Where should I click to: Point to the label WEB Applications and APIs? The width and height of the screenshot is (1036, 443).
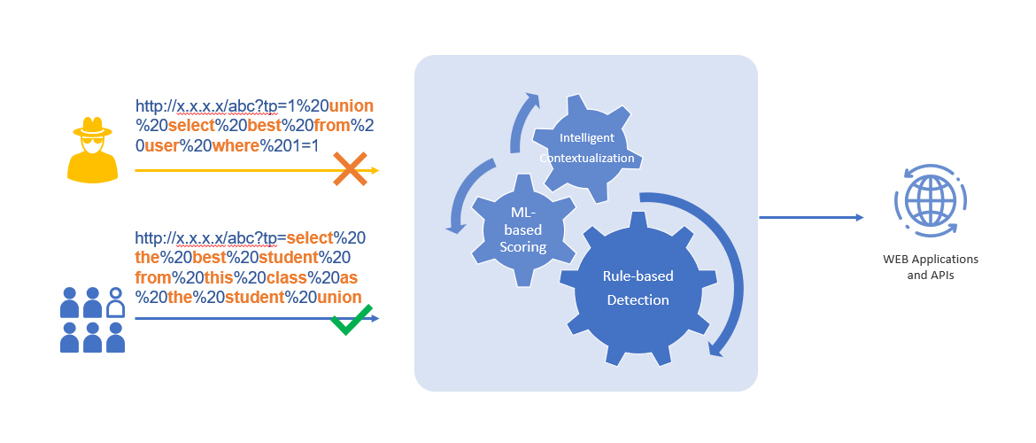930,267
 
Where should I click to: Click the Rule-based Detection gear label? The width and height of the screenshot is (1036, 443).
638,288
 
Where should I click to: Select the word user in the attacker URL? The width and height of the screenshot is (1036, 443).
161,145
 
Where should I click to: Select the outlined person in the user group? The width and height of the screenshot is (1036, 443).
115,302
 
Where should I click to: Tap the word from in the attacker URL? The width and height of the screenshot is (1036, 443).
332,125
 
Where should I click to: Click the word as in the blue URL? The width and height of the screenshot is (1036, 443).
349,277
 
